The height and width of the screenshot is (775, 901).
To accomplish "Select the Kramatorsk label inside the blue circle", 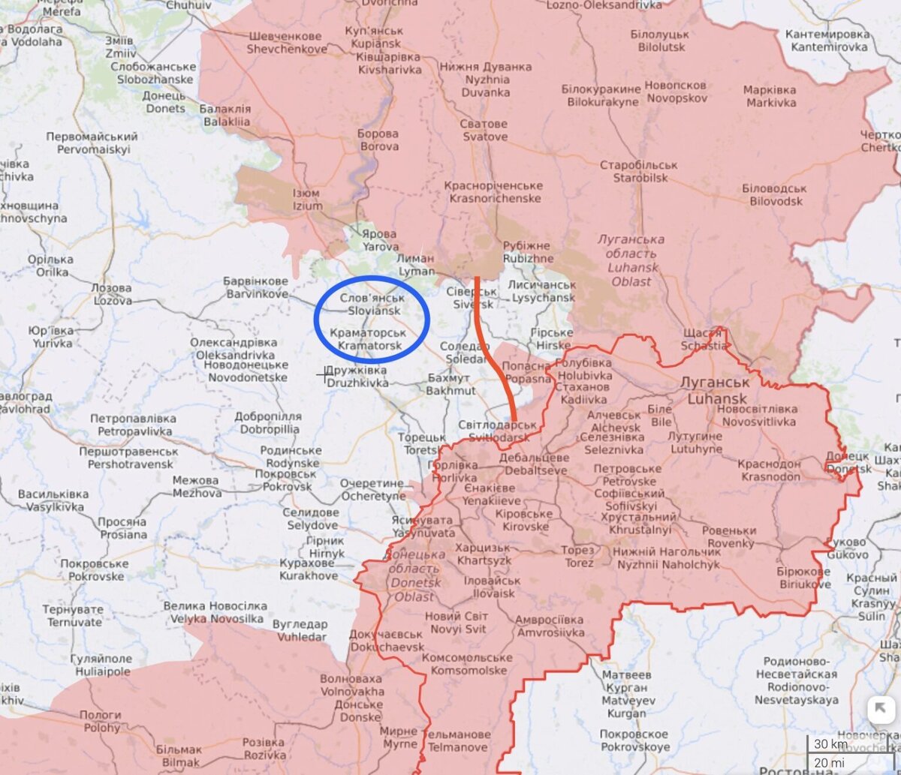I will click(x=368, y=338).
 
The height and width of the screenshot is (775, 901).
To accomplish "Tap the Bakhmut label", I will click(x=450, y=384).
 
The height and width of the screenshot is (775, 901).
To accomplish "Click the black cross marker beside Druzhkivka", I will click(x=325, y=374).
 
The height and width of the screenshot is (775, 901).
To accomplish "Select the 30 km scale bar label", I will click(x=830, y=744).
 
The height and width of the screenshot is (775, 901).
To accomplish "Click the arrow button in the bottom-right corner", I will click(x=879, y=710).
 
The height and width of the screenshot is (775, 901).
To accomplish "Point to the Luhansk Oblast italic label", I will click(x=631, y=260).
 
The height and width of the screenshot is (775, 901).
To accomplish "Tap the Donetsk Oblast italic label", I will click(x=411, y=575).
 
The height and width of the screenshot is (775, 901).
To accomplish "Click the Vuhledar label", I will click(x=300, y=630).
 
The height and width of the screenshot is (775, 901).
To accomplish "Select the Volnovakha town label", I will click(x=351, y=685).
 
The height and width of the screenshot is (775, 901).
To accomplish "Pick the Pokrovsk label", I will click(x=286, y=480).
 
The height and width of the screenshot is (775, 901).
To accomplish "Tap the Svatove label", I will click(x=484, y=131).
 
